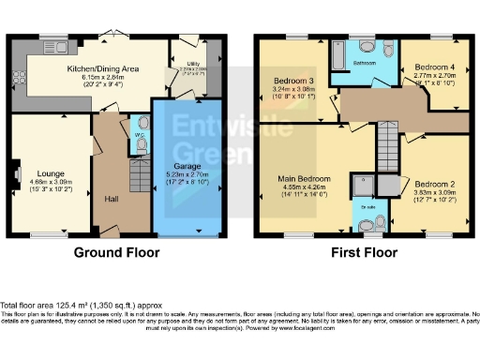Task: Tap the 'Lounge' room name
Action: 51,173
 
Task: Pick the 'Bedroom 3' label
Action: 293,82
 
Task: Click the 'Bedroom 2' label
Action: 433,183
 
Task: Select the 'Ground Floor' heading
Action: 117,252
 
